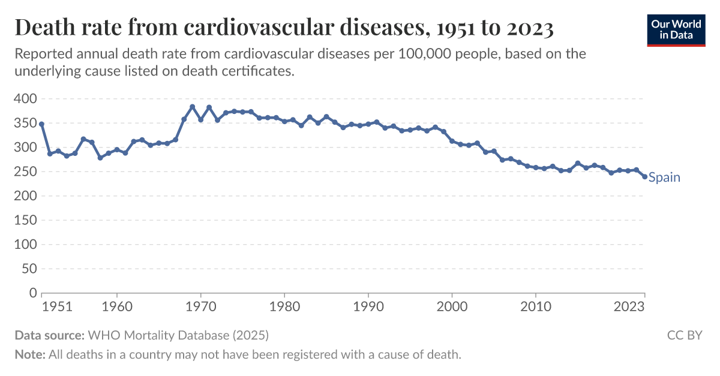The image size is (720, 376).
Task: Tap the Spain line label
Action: click(664, 178)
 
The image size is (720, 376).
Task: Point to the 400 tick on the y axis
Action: click(25, 98)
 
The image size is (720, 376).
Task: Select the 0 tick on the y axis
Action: click(33, 293)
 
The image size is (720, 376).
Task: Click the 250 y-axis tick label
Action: click(25, 172)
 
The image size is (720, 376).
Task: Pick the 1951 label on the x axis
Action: click(58, 306)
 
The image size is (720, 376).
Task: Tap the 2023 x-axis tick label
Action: click(629, 306)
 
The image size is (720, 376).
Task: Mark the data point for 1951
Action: click(41, 124)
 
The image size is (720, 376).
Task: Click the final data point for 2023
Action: click(644, 176)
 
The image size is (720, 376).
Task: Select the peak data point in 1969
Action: click(193, 107)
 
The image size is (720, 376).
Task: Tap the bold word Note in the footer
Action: click(29, 354)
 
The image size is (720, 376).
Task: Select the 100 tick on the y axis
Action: click(25, 245)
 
